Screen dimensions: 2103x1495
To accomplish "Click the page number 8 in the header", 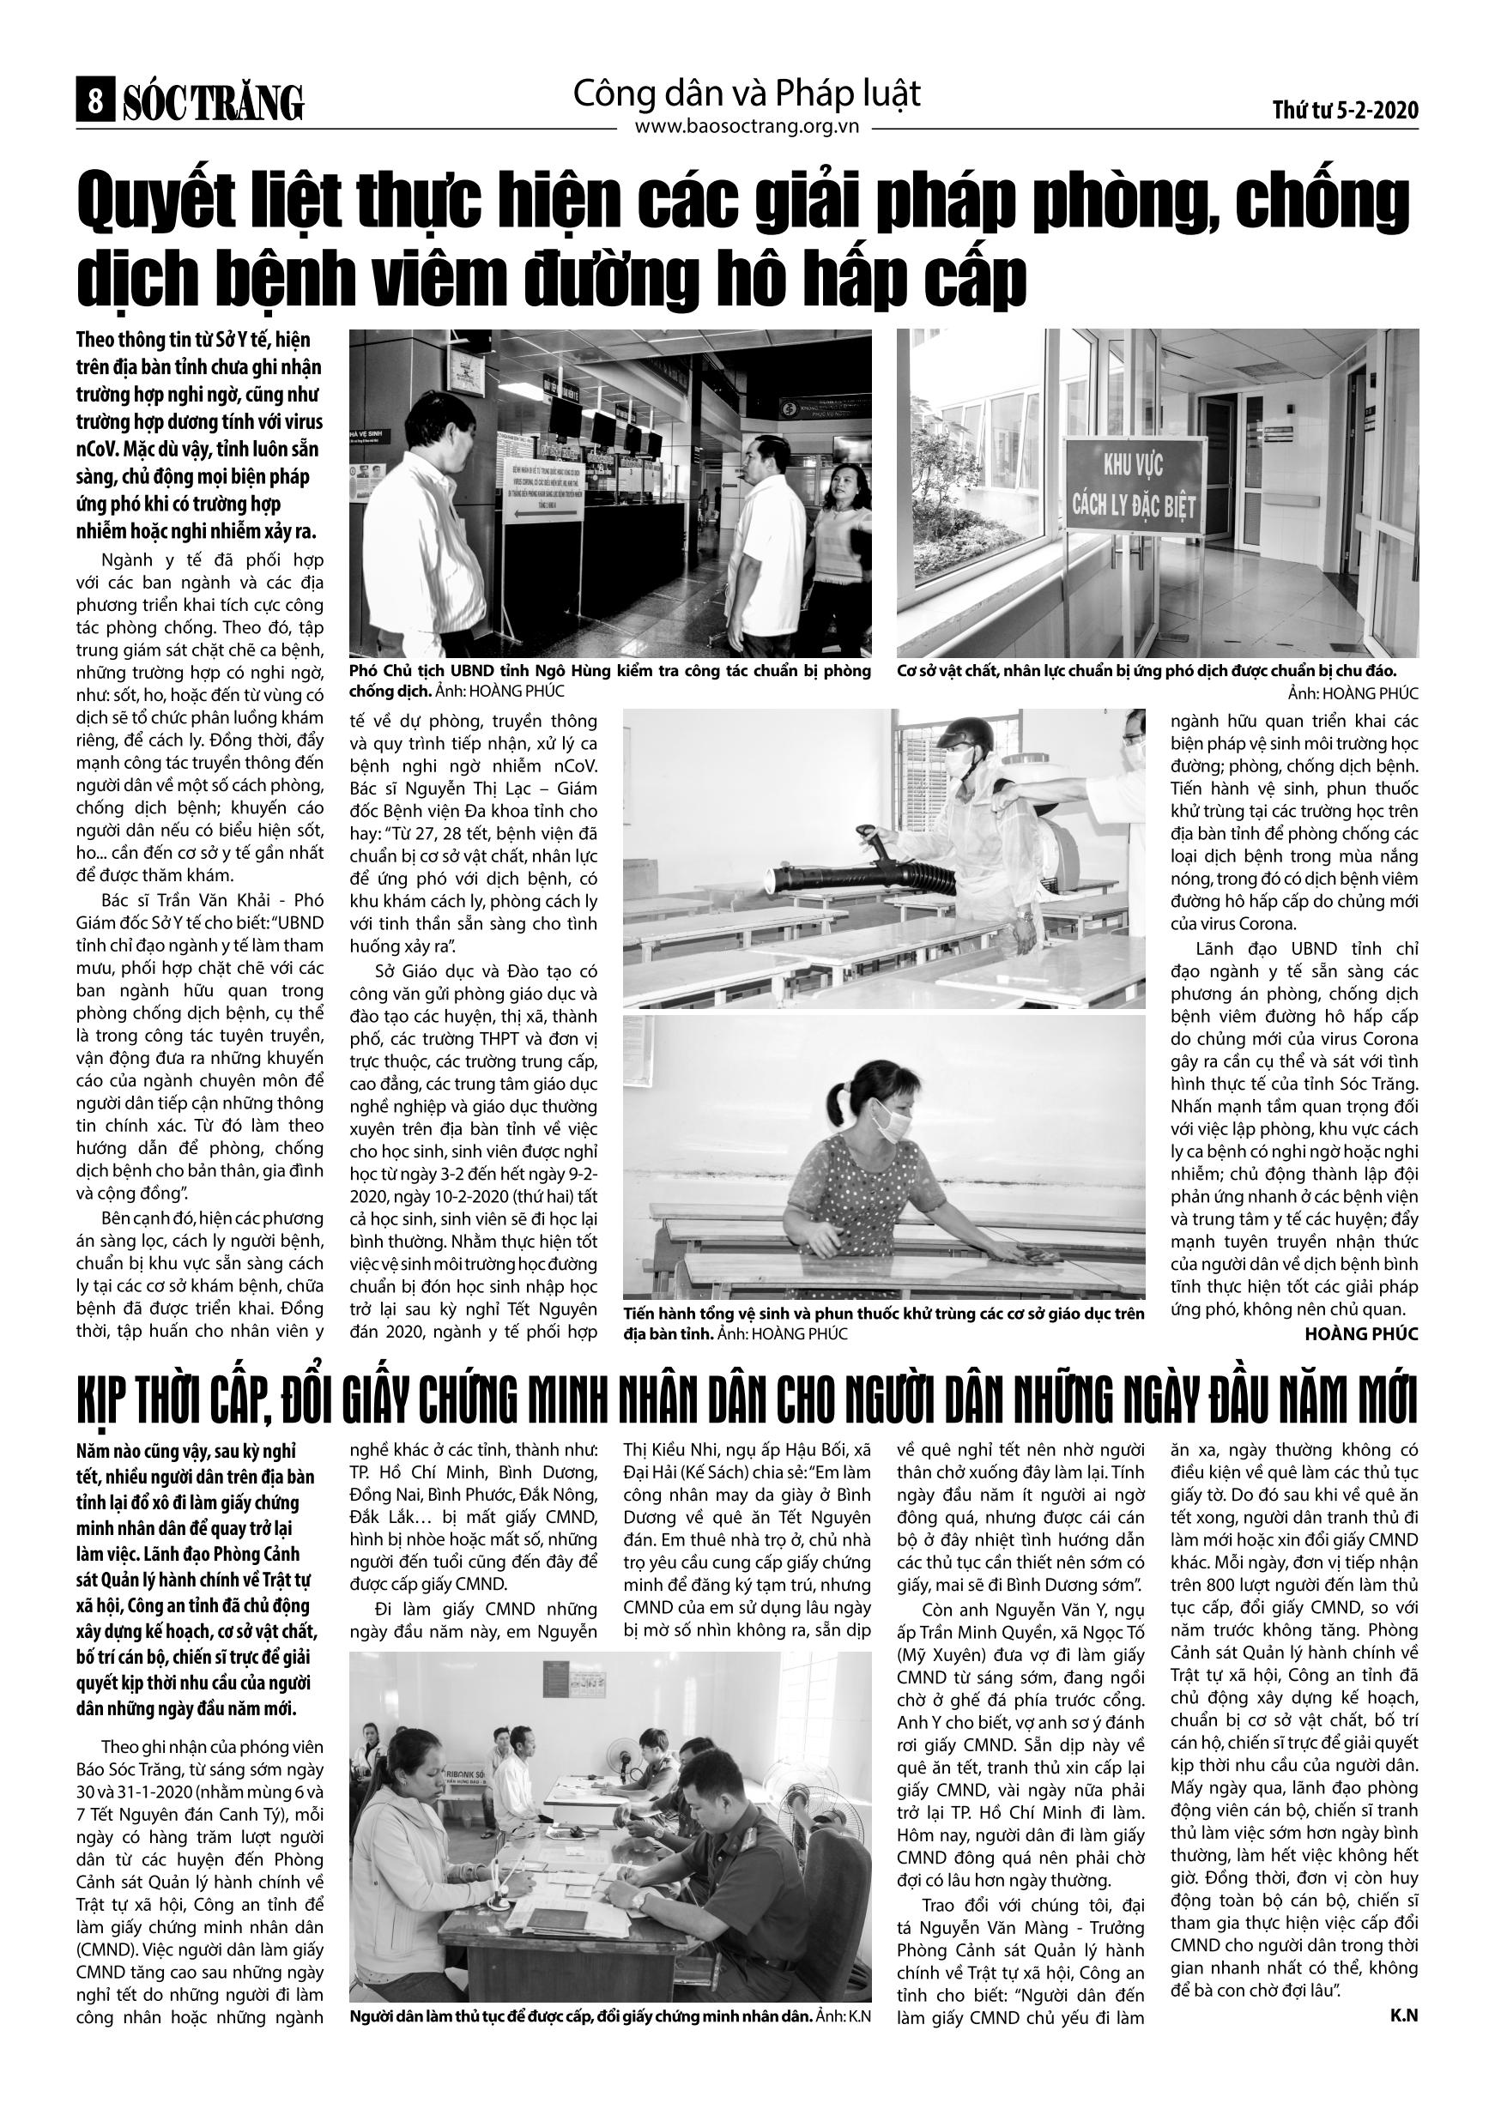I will point(94,103).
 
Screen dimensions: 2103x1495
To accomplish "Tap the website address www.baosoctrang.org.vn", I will point(747,127).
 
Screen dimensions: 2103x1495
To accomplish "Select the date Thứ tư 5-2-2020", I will point(1345,111).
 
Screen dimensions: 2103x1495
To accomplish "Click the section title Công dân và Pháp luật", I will point(747,93).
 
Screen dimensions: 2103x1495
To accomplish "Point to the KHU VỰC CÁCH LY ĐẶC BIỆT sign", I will point(1133,485).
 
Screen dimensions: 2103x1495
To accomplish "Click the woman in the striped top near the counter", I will point(837,534).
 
